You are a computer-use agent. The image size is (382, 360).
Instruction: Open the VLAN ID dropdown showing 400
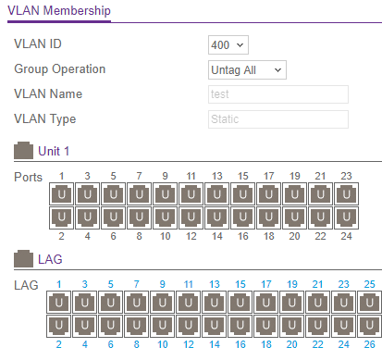229,44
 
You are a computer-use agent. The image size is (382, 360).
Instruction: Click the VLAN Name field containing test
277,94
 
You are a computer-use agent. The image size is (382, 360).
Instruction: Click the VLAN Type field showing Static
277,119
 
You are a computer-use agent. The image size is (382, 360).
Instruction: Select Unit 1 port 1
61,194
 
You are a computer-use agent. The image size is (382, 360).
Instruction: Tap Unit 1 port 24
346,217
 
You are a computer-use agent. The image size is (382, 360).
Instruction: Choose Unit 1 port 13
216,194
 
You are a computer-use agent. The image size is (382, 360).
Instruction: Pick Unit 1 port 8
139,217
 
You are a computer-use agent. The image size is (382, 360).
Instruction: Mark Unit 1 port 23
346,194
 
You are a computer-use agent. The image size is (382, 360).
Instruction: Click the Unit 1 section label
54,151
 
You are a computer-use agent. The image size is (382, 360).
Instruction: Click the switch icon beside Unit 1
23,151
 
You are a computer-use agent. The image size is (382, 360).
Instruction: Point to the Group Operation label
60,69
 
